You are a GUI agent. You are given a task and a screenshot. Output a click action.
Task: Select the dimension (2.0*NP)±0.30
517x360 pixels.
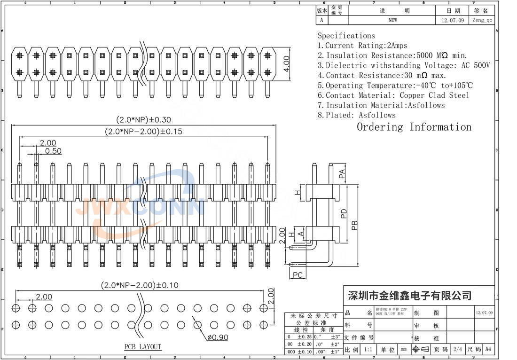point(143,120)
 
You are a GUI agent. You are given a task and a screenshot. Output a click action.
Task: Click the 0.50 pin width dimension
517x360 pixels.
point(53,151)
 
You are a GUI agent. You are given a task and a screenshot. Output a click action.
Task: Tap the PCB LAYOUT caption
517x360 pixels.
point(142,347)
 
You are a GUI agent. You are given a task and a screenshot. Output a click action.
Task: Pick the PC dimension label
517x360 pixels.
point(298,274)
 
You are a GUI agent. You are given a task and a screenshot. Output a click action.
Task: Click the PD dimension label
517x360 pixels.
point(344,214)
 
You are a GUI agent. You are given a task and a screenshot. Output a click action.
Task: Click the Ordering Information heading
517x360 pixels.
point(414,127)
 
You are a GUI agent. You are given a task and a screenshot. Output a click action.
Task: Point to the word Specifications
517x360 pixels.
point(346,36)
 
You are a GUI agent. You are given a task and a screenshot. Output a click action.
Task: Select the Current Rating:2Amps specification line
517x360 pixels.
point(362,46)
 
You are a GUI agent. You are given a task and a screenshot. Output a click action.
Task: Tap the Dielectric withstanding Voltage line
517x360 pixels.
point(404,65)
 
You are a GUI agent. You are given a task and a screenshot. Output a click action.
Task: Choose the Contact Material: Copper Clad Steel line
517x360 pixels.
point(393,95)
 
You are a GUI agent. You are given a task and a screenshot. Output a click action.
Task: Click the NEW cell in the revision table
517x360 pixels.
point(392,20)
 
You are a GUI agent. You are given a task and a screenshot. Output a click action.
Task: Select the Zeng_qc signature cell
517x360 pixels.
point(482,20)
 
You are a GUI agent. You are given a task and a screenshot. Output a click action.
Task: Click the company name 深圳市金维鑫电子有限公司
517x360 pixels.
point(409,296)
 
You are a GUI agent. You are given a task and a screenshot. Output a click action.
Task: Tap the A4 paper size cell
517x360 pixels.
point(488,349)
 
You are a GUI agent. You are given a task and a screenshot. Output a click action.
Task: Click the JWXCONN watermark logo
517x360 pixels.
point(143,207)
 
